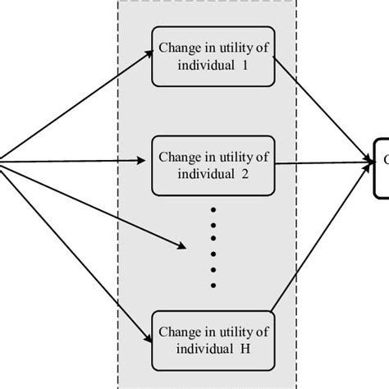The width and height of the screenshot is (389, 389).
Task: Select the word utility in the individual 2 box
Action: point(229,156)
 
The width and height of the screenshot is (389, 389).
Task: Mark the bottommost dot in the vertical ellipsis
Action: point(214,285)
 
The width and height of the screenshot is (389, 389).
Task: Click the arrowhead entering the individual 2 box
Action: point(146,162)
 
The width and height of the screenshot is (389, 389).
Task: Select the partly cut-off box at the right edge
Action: point(381,167)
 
